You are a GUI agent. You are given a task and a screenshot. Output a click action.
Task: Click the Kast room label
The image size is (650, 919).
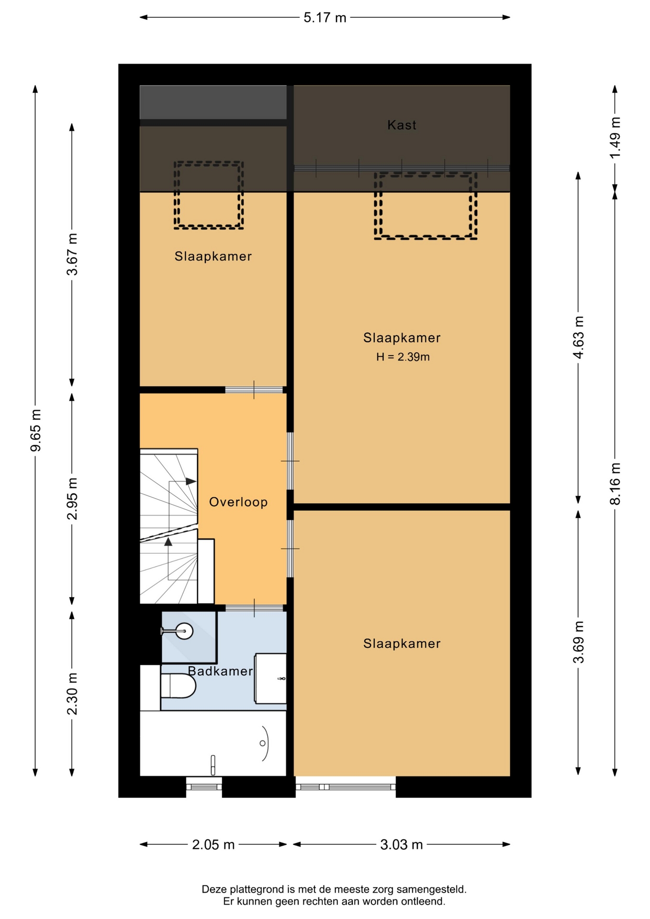tap(402, 125)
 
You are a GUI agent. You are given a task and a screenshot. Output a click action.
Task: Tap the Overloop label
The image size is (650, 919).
tap(238, 502)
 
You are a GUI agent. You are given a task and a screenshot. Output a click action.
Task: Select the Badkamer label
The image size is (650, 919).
tap(220, 671)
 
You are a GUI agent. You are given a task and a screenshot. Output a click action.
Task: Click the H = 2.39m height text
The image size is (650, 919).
tap(403, 357)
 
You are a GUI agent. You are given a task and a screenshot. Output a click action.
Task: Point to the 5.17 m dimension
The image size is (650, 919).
tap(325, 18)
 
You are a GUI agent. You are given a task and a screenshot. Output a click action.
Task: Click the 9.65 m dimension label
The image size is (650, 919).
tap(36, 430)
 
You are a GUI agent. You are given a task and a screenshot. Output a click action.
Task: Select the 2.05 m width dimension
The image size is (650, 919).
tap(213, 844)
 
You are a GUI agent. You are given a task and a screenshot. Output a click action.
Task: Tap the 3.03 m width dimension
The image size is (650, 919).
tap(401, 844)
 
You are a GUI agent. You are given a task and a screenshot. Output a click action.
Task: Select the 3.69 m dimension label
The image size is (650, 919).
tap(578, 642)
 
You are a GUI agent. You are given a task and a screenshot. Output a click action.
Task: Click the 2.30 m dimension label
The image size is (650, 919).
tap(72, 694)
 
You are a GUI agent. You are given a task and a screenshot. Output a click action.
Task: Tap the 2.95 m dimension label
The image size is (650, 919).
tap(72, 498)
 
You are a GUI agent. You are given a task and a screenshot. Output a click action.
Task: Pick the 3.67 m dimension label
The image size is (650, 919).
tap(72, 255)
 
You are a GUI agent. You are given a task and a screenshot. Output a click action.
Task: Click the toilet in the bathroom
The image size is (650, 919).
tap(178, 686)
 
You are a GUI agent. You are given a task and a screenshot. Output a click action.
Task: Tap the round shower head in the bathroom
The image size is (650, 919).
tap(184, 631)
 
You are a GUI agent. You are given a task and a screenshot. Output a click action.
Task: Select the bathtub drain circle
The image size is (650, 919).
tap(262, 743)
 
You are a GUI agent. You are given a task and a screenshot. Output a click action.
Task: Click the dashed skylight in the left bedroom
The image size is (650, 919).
tap(209, 195)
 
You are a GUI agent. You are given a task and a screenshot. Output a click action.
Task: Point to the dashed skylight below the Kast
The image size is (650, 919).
tap(426, 206)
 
